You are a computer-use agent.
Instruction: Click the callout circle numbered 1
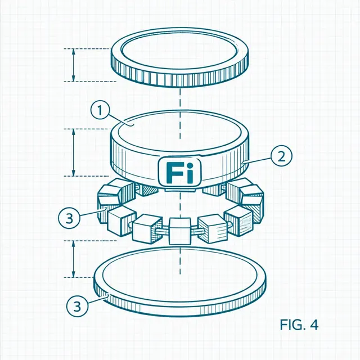point(100,110)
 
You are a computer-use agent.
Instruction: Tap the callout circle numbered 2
point(281,156)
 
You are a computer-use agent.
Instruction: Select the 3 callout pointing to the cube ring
point(69,218)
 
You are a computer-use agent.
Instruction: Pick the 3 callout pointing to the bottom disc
point(77,306)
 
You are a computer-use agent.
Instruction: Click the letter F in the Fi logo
point(173,172)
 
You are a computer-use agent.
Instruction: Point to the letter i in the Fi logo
point(189,172)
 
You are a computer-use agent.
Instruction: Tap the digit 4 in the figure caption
point(314,325)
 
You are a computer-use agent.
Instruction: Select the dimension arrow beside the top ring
point(74,65)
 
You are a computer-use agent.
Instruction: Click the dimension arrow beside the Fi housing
point(74,152)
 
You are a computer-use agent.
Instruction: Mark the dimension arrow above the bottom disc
point(74,259)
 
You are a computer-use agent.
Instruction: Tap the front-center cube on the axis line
point(180,231)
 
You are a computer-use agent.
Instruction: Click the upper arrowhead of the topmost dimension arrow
point(74,51)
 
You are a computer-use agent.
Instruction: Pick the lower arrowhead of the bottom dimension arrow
point(74,275)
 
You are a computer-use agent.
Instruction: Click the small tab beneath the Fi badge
point(180,189)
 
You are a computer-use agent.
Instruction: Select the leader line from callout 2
point(257,160)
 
